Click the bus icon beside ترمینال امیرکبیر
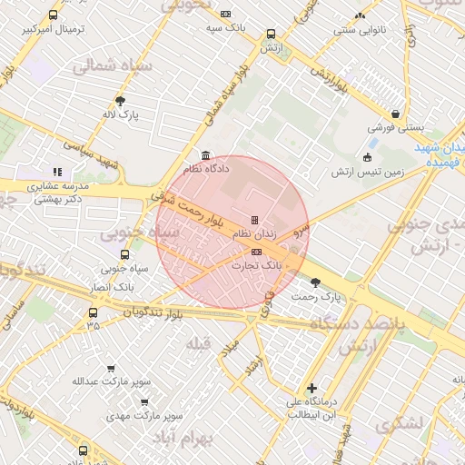(53, 15)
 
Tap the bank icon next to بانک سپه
(225, 15)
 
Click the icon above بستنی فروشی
(395, 114)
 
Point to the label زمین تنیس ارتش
(368, 172)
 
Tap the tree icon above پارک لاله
(120, 101)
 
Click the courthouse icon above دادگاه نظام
(205, 154)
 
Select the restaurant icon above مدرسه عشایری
(58, 171)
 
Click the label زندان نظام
(254, 234)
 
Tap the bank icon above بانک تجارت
(257, 252)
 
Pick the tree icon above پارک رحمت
(315, 282)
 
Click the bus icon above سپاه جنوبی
(124, 254)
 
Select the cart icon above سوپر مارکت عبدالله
(111, 368)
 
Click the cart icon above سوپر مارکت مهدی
(143, 401)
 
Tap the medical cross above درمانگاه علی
(312, 388)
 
